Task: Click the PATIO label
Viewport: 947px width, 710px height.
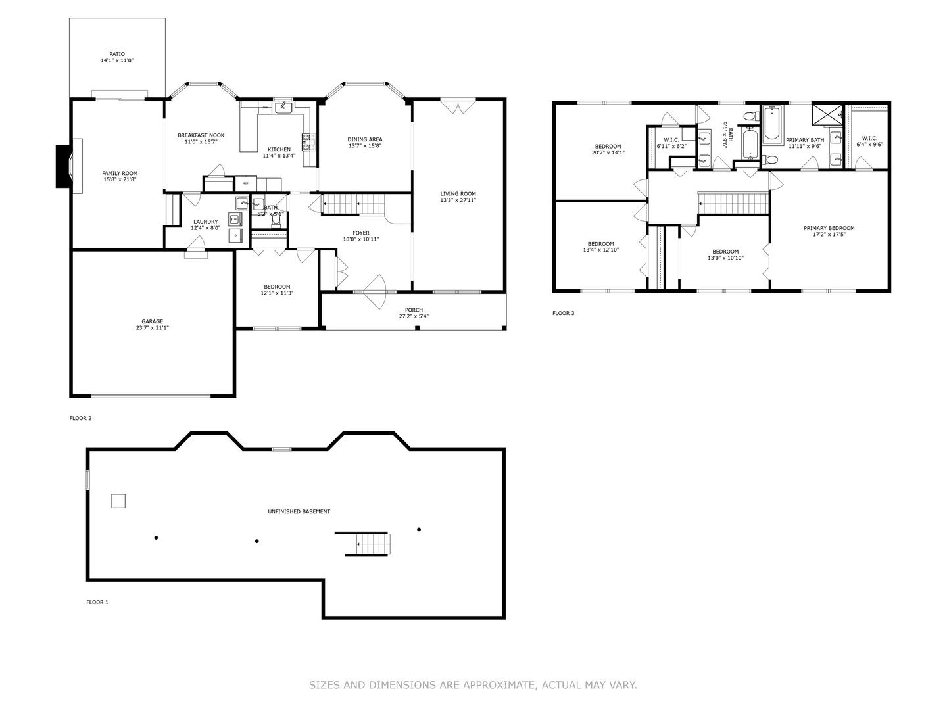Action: [117, 55]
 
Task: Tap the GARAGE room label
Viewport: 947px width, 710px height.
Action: [152, 322]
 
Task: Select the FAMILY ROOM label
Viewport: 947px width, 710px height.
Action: [120, 174]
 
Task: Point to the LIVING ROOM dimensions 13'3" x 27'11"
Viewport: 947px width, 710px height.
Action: [458, 201]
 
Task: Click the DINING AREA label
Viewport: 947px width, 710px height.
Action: [365, 139]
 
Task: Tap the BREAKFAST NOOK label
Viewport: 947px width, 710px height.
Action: [201, 135]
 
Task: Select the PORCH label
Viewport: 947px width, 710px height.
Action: [414, 310]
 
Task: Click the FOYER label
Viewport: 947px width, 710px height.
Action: [360, 233]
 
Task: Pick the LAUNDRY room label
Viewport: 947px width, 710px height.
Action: [205, 222]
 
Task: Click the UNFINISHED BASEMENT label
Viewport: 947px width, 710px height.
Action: [299, 511]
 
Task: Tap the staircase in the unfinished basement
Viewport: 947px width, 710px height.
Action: [366, 544]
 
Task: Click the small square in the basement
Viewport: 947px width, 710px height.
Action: [118, 501]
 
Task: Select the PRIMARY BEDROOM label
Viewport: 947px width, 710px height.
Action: [829, 229]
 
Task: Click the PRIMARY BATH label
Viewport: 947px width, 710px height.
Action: [804, 140]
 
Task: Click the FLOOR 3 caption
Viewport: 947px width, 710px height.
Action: [563, 313]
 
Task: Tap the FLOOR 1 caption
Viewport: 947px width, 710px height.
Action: [97, 602]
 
